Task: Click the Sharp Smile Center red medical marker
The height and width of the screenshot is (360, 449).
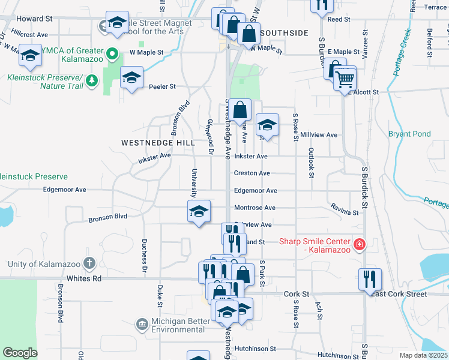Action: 359,244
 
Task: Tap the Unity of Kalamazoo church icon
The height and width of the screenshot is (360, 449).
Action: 89,263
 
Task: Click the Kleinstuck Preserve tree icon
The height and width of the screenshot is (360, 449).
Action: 91,80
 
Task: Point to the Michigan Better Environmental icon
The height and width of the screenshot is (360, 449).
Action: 142,325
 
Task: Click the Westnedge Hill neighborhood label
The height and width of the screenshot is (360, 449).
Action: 158,143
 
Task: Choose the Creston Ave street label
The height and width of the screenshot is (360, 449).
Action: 252,173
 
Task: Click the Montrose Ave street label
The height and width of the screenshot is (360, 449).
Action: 255,208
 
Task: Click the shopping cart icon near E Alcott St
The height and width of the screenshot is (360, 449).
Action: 345,79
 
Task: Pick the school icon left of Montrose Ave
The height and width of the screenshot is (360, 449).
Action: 199,212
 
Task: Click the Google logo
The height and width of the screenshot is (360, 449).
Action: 20,353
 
